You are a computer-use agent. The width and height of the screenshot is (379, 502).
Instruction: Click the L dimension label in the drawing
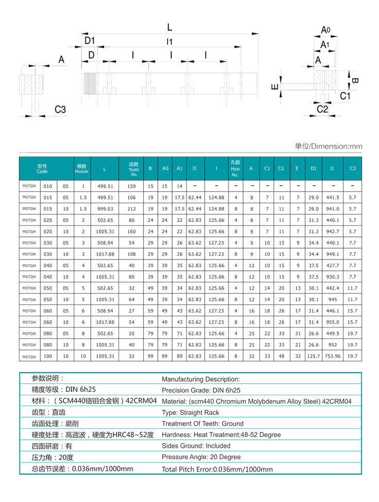[170, 27]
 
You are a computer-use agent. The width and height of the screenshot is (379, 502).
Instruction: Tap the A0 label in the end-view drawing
[325, 30]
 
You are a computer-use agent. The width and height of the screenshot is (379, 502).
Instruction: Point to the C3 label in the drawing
[60, 109]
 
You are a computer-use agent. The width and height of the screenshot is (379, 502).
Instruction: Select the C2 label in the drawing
[322, 109]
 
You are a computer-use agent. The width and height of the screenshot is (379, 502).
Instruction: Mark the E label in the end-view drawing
[275, 87]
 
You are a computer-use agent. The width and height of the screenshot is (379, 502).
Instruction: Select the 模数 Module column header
[81, 169]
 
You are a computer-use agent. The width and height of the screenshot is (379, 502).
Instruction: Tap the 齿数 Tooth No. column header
[134, 169]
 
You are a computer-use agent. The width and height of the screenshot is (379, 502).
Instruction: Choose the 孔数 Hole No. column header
[235, 169]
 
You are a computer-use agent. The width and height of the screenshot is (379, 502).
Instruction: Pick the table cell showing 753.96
[332, 357]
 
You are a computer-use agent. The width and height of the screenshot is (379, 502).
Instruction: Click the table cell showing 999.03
[105, 209]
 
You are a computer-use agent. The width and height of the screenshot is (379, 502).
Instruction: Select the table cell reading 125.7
[314, 357]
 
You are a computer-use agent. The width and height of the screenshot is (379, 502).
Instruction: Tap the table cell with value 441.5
[332, 198]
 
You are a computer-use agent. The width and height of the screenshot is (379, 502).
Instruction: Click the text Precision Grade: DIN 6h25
[201, 391]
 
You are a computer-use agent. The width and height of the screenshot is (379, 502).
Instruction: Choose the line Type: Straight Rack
[190, 413]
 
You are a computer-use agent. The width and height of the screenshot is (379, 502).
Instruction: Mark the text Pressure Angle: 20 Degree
[201, 457]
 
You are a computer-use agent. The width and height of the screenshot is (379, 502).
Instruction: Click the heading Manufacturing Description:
[201, 379]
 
